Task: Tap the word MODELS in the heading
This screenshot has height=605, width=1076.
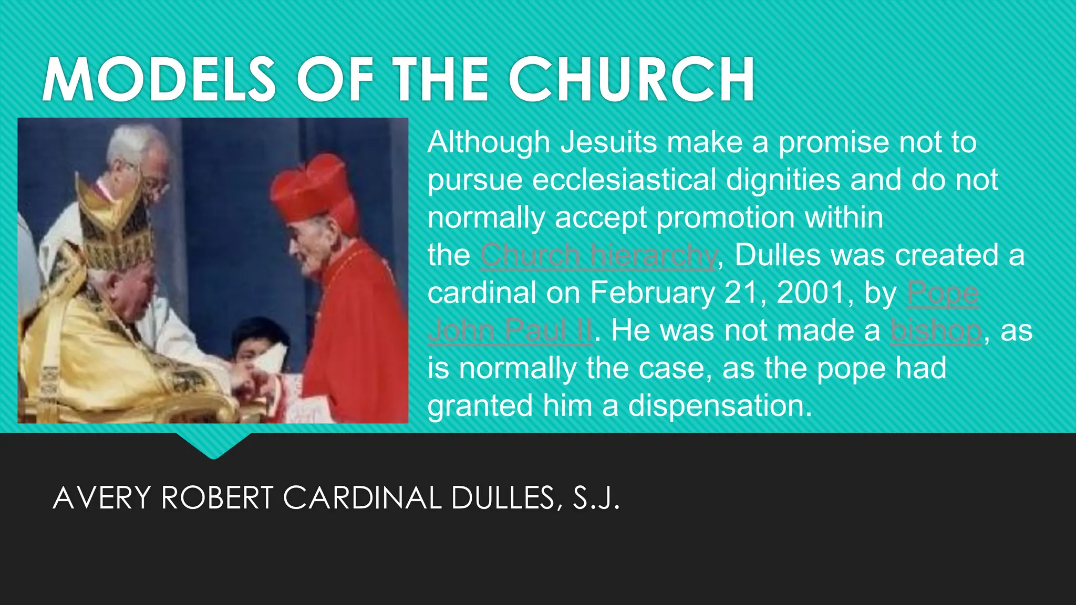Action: pyautogui.click(x=159, y=80)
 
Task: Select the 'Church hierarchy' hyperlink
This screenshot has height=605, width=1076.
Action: pyautogui.click(x=598, y=256)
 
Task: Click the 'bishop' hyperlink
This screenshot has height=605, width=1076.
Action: pyautogui.click(x=936, y=331)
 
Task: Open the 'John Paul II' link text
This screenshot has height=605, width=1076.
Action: pyautogui.click(x=510, y=331)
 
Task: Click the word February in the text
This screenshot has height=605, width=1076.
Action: pyautogui.click(x=651, y=293)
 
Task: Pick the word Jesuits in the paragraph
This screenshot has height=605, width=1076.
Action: pyautogui.click(x=608, y=142)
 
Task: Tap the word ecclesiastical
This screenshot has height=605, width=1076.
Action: pyautogui.click(x=624, y=180)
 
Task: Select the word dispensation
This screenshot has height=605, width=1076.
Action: pyautogui.click(x=720, y=406)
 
